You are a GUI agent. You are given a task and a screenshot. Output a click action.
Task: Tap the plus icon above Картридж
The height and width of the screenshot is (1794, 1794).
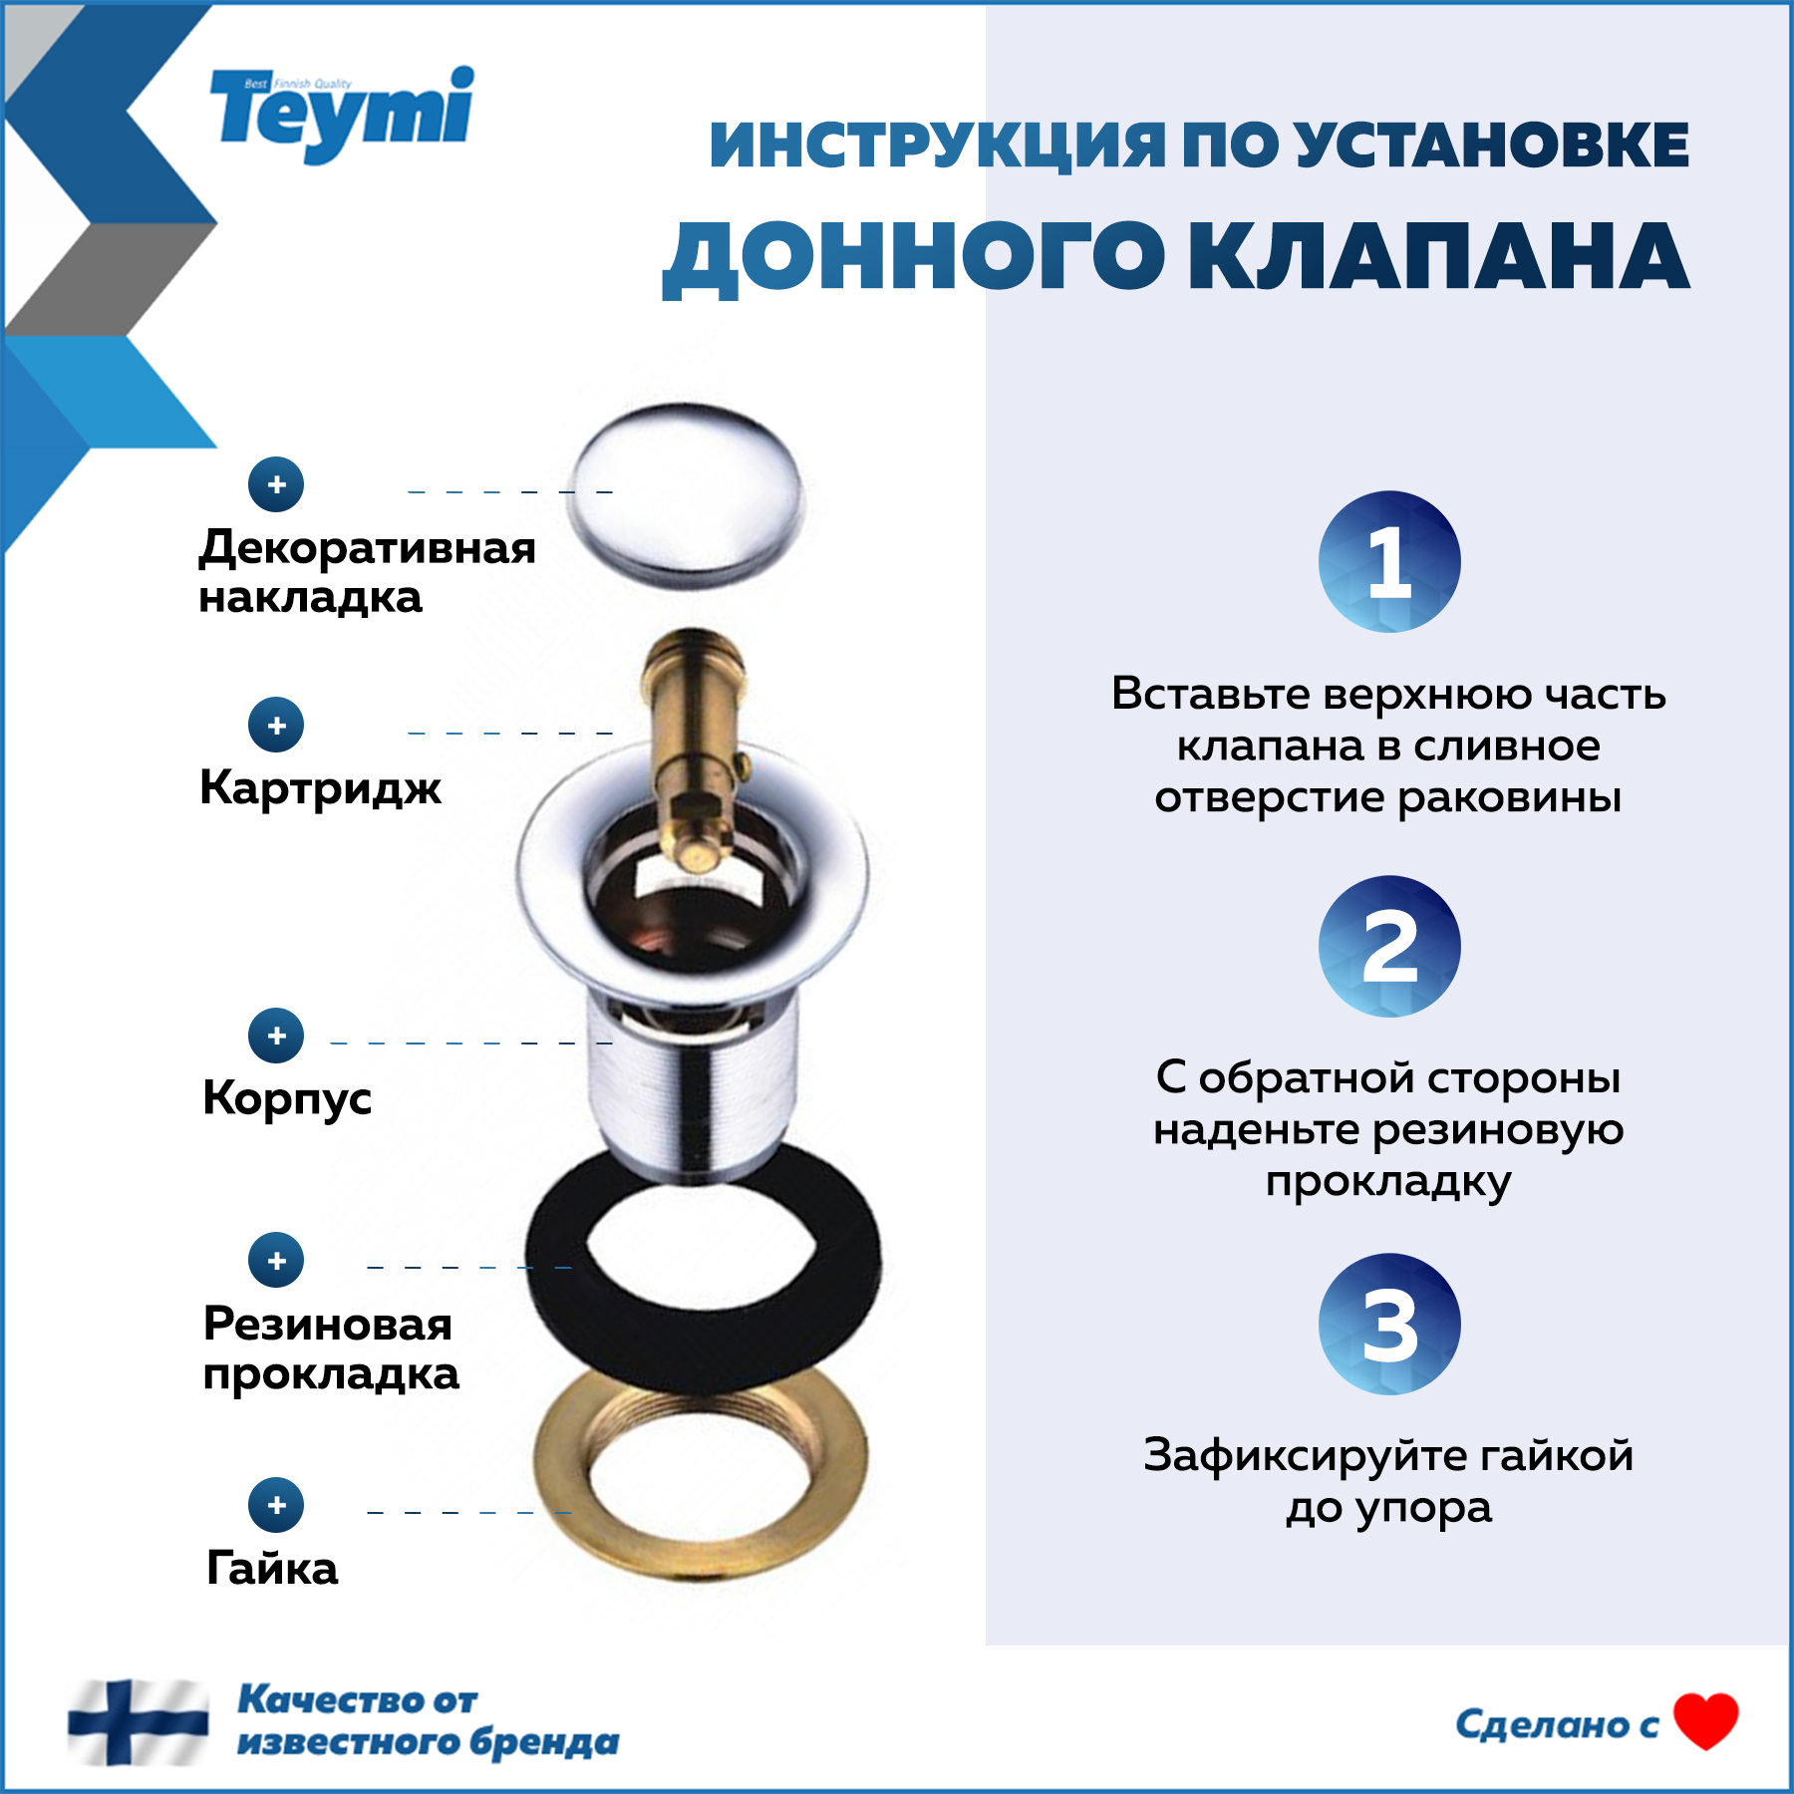[276, 725]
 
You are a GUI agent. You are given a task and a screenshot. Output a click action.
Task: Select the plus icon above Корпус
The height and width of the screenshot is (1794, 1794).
[276, 1036]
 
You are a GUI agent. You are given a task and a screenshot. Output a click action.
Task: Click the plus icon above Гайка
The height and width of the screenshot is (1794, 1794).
[276, 1505]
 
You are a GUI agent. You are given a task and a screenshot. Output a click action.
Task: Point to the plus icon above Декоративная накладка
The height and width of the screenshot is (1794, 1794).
[276, 484]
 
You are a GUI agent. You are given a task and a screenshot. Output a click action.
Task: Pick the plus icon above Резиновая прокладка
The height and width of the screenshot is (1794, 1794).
[276, 1260]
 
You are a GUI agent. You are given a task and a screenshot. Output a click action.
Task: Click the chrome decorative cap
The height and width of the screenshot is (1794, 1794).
[686, 495]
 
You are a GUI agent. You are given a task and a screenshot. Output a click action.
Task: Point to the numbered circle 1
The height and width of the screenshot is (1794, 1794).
[1388, 562]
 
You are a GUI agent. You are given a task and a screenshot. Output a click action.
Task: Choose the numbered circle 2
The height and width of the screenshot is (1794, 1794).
[1388, 946]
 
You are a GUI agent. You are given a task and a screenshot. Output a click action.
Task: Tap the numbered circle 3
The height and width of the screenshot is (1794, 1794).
[1388, 1324]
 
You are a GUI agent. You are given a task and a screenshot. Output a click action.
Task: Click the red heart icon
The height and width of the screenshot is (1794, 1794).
[1705, 1721]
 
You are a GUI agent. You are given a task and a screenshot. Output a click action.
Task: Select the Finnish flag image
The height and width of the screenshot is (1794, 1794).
[138, 1721]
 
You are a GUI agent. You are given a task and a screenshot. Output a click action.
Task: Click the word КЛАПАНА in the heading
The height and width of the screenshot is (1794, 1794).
[1438, 257]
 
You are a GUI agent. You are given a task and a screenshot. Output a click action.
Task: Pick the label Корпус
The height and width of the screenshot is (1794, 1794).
[287, 1098]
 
